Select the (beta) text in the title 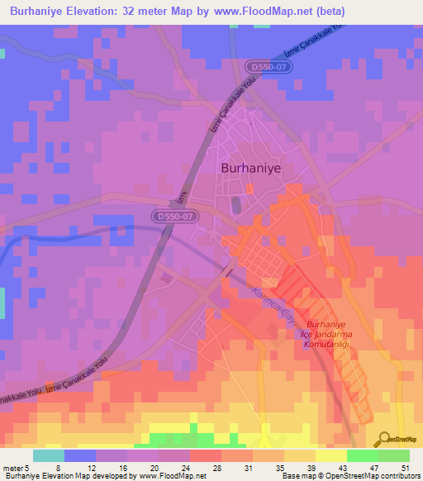tap(326, 11)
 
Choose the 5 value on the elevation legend tap(29, 467)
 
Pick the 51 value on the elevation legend tap(405, 467)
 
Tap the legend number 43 tap(341, 467)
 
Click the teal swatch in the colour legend tap(49, 455)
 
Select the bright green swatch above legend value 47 tap(363, 455)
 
